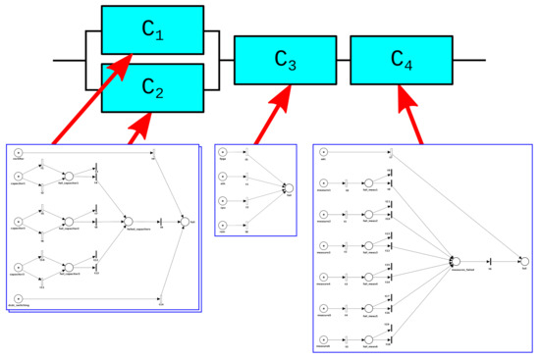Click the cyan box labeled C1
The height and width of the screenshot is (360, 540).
152,31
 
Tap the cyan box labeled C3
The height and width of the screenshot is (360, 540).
284,60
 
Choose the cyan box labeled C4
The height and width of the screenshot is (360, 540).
401,60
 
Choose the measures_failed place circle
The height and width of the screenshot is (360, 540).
454,260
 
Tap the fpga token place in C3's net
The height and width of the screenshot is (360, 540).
223,152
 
